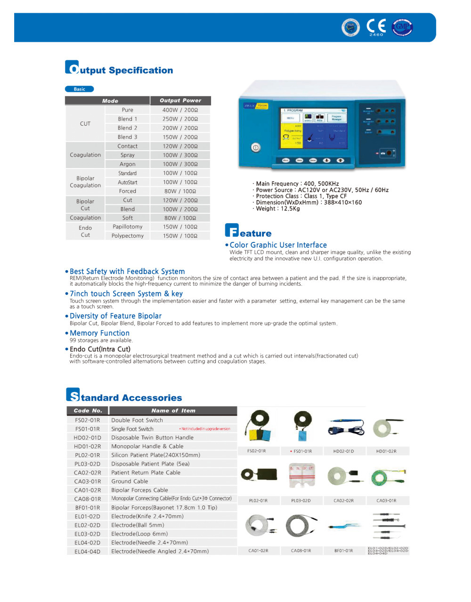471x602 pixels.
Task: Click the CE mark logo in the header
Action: pyautogui.click(x=376, y=26)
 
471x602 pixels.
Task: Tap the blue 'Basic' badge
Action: pyautogui.click(x=79, y=89)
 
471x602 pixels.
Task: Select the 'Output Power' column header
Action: pyautogui.click(x=180, y=100)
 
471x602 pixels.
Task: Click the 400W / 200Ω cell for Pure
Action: pyautogui.click(x=180, y=110)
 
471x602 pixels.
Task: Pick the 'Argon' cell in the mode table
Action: pyautogui.click(x=127, y=164)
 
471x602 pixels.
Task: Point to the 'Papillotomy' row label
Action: pyautogui.click(x=127, y=226)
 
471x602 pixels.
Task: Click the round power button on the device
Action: pyautogui.click(x=256, y=147)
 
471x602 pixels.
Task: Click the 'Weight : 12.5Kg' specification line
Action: pyautogui.click(x=277, y=209)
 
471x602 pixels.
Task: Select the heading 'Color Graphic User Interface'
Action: pyautogui.click(x=278, y=245)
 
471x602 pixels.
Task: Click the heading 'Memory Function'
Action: pyautogui.click(x=99, y=333)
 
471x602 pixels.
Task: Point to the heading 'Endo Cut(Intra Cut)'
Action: pyautogui.click(x=100, y=349)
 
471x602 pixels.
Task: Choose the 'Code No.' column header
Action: pyautogui.click(x=88, y=410)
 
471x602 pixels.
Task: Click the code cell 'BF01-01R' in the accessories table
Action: pyautogui.click(x=88, y=507)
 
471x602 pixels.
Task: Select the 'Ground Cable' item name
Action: pyautogui.click(x=130, y=481)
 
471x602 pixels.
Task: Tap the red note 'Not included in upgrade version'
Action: pyautogui.click(x=205, y=429)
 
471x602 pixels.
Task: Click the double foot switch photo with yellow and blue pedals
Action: pyautogui.click(x=258, y=425)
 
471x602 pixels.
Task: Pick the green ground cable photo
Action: pyautogui.click(x=387, y=477)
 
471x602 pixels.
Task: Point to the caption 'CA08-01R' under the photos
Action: pyautogui.click(x=300, y=550)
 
